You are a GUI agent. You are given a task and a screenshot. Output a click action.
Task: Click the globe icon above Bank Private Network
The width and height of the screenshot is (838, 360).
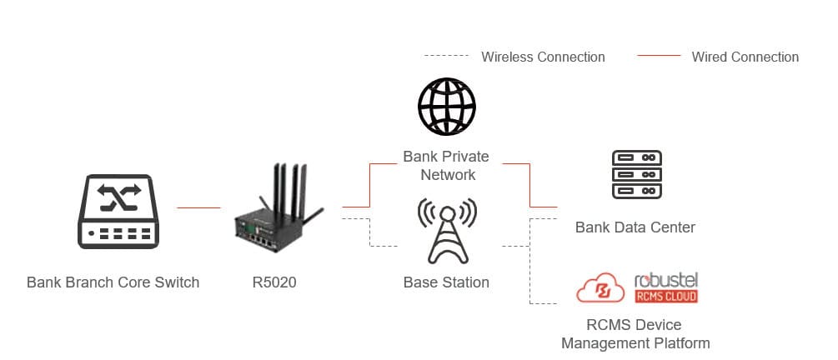pyautogui.click(x=446, y=106)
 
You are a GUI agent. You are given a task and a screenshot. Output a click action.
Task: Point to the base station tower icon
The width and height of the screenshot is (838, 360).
pyautogui.click(x=446, y=230)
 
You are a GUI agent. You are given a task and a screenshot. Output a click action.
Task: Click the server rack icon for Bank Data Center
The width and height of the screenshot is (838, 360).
pyautogui.click(x=636, y=174)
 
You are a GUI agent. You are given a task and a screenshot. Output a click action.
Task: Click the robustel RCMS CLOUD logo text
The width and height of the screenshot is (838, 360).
pyautogui.click(x=665, y=286)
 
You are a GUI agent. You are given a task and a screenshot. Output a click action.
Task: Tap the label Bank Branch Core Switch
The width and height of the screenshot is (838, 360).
pyautogui.click(x=113, y=282)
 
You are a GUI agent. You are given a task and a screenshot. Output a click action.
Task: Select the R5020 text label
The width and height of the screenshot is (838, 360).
pyautogui.click(x=273, y=282)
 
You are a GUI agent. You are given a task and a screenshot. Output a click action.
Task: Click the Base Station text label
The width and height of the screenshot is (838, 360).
pyautogui.click(x=446, y=282)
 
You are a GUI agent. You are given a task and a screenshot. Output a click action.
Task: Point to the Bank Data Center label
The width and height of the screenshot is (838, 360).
pyautogui.click(x=635, y=227)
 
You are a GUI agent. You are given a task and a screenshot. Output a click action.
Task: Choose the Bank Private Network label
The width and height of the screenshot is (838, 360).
pyautogui.click(x=446, y=166)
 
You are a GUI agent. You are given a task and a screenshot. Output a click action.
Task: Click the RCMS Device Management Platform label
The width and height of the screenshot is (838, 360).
pyautogui.click(x=635, y=333)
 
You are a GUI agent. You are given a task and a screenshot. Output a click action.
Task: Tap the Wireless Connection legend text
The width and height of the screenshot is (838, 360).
pyautogui.click(x=543, y=57)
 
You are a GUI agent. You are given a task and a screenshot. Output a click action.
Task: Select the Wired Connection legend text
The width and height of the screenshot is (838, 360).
pyautogui.click(x=745, y=57)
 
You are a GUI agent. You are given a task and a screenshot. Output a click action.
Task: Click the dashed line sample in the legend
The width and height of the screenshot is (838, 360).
pyautogui.click(x=446, y=57)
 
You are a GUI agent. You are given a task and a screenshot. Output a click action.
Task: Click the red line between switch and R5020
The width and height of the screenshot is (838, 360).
pyautogui.click(x=198, y=207)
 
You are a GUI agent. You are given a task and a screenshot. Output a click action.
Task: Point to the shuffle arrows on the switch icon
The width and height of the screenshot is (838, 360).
pyautogui.click(x=118, y=197)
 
